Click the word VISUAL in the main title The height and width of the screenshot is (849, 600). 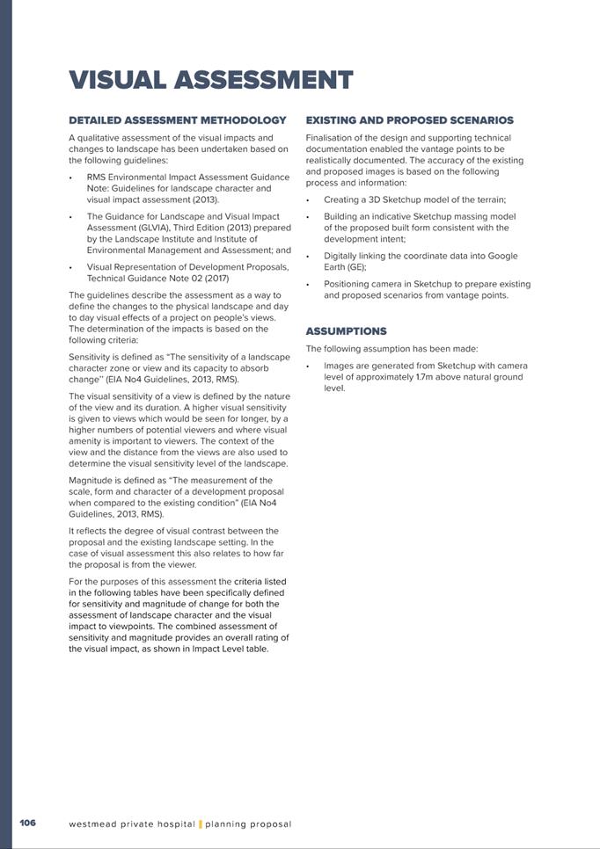(117, 80)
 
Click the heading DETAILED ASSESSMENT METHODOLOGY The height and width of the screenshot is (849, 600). (178, 120)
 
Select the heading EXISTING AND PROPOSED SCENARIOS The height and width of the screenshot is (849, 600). (410, 120)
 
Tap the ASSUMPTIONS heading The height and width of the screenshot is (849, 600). (346, 331)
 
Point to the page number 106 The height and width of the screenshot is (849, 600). (27, 824)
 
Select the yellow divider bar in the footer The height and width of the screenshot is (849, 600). (201, 824)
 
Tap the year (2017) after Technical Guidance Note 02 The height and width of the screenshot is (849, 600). (216, 278)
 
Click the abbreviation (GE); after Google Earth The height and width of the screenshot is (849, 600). (354, 267)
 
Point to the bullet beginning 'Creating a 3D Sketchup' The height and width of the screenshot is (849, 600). (414, 200)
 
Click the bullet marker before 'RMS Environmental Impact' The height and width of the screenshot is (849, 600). (70, 178)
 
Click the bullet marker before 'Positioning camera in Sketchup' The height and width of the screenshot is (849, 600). (308, 285)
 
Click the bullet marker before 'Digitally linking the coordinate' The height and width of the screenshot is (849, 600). (308, 257)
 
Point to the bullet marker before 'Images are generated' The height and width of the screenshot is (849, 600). (308, 366)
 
